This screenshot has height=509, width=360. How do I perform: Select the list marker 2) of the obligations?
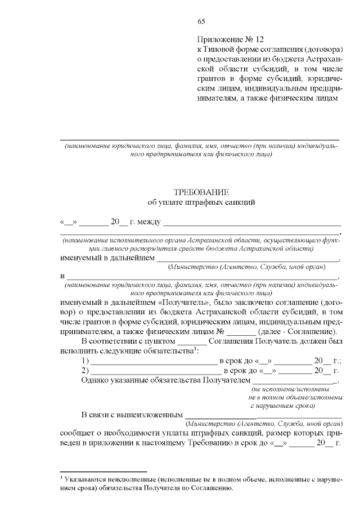tap(85, 371)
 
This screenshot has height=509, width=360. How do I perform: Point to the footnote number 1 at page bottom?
tap(61, 476)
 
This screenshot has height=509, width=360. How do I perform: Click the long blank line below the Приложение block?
tap(200, 138)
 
